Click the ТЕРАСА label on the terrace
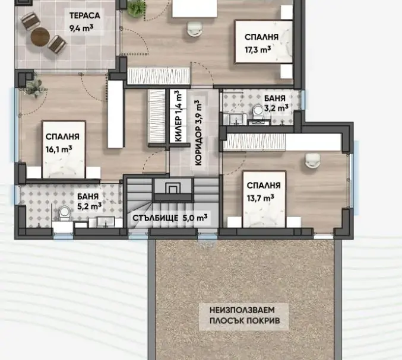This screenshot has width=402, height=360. pos(84,15)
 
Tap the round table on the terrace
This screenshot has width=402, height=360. pos(40,37)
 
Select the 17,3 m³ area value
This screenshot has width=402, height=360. pos(258,49)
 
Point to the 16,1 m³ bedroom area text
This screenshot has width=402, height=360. pos(59,149)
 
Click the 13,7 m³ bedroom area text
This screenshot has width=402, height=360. pos(260,197)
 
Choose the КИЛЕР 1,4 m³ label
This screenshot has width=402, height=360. pos(179,116)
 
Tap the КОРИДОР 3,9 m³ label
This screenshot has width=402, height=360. pos(199,133)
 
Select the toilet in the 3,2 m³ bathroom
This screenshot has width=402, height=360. pos(258,113)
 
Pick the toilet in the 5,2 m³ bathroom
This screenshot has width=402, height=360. pos(64,214)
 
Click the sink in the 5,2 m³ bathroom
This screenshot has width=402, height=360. pos(106,222)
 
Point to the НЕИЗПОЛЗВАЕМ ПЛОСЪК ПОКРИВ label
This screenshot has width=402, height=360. pos(245,316)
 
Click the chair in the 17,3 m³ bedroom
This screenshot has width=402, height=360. pos(195,28)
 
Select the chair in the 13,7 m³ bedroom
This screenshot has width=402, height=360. pos(312,161)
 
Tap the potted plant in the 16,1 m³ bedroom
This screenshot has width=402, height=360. pos(34,87)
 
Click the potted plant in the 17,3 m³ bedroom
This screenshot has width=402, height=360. pos(136,8)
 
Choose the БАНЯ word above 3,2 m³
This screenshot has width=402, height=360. pos(274,98)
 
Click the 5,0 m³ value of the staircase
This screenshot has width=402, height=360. pos(195,218)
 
